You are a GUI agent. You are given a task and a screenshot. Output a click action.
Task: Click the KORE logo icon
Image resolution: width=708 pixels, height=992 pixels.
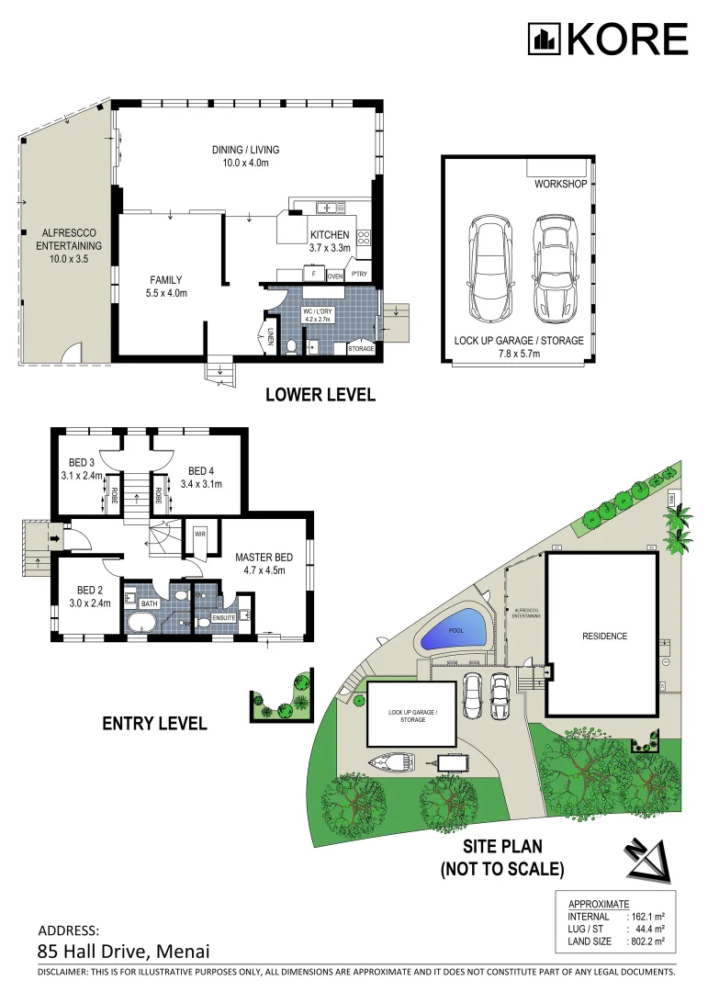(x=544, y=39)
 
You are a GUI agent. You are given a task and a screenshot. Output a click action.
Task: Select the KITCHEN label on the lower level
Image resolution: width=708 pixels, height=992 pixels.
(x=329, y=235)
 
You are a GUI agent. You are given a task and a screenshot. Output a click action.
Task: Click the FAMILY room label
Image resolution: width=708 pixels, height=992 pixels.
(x=166, y=280)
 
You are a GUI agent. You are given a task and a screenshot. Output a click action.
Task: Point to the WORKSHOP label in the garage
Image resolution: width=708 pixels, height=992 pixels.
(x=560, y=185)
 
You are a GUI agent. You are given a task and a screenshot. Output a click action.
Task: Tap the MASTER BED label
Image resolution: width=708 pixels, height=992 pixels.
(x=264, y=558)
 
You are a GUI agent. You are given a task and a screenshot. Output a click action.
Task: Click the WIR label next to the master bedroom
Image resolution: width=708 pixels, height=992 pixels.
(x=199, y=533)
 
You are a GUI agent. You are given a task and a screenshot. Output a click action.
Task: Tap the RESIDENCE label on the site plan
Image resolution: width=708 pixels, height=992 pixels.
(x=603, y=636)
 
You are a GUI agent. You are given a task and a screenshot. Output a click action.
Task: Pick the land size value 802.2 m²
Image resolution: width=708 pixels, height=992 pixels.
(x=646, y=941)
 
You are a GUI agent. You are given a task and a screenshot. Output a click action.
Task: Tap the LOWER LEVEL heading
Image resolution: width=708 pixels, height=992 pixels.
(x=320, y=395)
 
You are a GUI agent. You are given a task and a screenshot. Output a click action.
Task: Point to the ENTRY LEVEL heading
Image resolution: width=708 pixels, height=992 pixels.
(x=154, y=724)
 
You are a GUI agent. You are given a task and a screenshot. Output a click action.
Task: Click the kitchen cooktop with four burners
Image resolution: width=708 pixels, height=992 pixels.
(x=363, y=239)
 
